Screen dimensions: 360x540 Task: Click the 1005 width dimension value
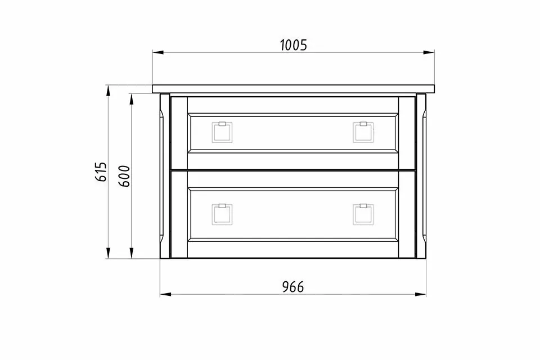293,46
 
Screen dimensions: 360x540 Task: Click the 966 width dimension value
292,287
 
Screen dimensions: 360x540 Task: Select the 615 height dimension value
101,172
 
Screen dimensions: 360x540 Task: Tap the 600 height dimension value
125,176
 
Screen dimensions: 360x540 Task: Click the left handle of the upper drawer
221,132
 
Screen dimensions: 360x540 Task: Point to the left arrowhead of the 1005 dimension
157,53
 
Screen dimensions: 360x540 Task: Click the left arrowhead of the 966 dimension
165,294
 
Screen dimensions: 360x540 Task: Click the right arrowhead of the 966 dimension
421,294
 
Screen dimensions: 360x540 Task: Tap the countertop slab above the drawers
293,88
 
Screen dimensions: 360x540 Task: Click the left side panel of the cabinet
165,174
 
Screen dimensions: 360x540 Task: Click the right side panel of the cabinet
421,174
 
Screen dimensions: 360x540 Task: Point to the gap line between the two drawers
293,169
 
